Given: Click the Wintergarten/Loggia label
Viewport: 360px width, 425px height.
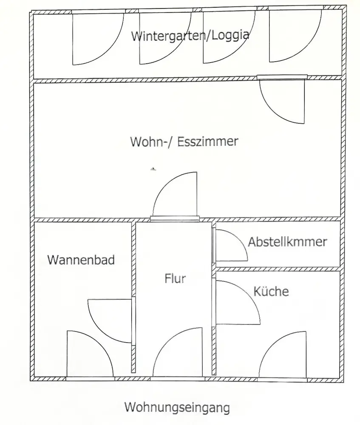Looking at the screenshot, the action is [190, 36].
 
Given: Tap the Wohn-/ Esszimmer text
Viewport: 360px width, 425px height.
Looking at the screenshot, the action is [184, 142].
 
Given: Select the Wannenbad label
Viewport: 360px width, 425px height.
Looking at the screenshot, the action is [81, 260].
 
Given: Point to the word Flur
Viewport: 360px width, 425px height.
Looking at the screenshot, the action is [175, 279].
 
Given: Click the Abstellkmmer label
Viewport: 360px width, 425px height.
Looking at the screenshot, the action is [287, 242].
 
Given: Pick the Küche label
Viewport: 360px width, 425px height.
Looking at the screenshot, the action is [271, 291].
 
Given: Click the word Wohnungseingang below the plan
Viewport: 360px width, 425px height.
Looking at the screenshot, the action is [177, 408].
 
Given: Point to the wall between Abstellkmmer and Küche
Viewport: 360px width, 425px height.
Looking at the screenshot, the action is [278, 269].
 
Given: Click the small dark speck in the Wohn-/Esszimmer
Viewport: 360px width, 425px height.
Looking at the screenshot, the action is [153, 169].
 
